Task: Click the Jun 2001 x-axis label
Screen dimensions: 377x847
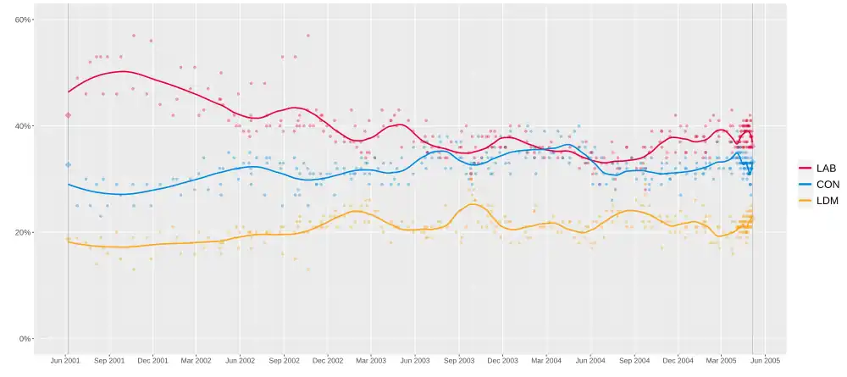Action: coord(65,361)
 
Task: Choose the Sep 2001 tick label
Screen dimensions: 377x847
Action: coord(109,361)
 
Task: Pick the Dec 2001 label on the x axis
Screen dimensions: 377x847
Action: coord(152,361)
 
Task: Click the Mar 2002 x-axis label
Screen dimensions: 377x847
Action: coord(196,361)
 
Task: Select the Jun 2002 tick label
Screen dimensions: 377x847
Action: coord(240,361)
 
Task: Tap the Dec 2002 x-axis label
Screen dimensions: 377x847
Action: coord(328,361)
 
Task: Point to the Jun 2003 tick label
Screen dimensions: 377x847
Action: coord(415,361)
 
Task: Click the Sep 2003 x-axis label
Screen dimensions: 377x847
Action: coord(459,361)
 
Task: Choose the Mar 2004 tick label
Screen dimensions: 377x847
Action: coord(546,361)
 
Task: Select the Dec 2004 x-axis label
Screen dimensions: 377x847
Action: coord(678,361)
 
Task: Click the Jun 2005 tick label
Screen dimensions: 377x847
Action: coord(766,361)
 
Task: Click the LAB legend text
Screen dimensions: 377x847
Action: coord(826,169)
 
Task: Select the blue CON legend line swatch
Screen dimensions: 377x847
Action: coord(805,185)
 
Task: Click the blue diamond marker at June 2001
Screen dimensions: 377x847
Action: coord(68,164)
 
